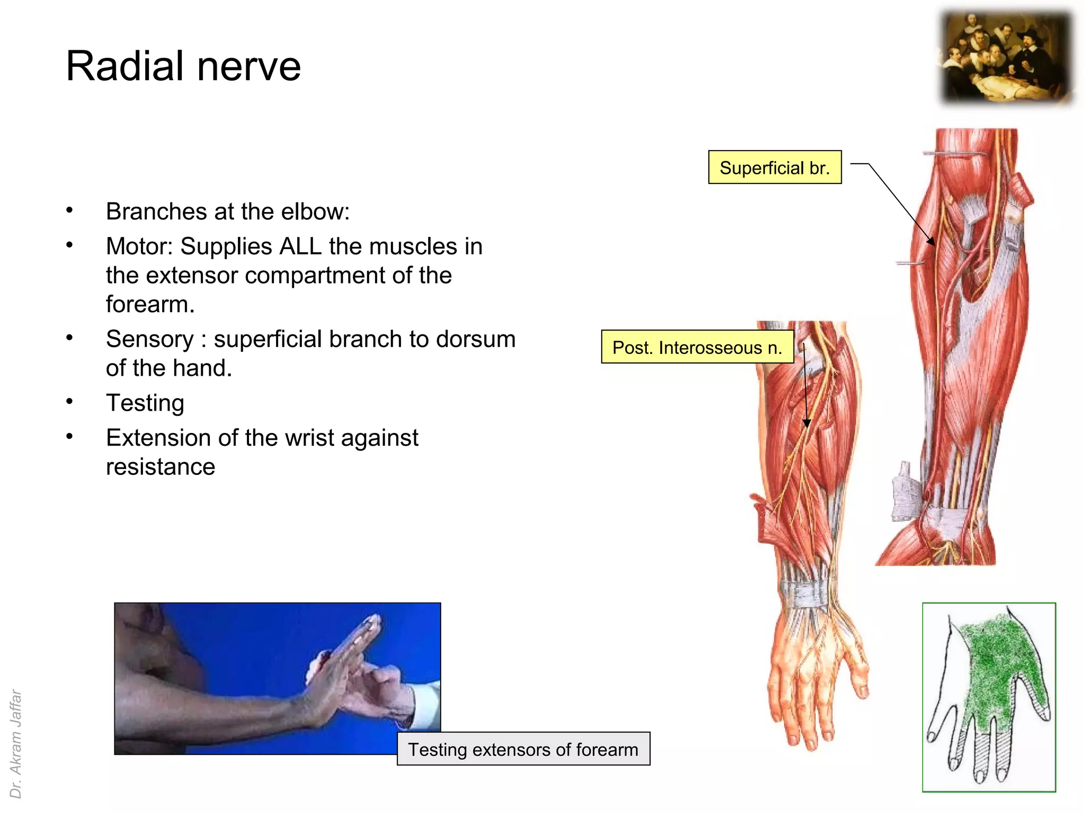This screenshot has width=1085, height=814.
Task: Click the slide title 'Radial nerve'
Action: point(183,66)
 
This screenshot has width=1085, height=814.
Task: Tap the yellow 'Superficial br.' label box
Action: point(775,167)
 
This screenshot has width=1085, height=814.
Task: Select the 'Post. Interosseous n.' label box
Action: point(697,347)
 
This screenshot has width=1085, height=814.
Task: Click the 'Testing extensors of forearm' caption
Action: point(523,749)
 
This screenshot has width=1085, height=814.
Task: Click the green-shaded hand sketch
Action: point(989,696)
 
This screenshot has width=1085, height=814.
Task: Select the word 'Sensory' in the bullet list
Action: point(150,339)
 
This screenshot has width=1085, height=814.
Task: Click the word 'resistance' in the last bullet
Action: point(161,467)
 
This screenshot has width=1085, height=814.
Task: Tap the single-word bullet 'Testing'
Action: point(145,403)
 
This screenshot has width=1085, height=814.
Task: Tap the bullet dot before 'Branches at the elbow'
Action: point(69,210)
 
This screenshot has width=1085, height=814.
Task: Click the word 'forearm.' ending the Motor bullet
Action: point(150,305)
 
